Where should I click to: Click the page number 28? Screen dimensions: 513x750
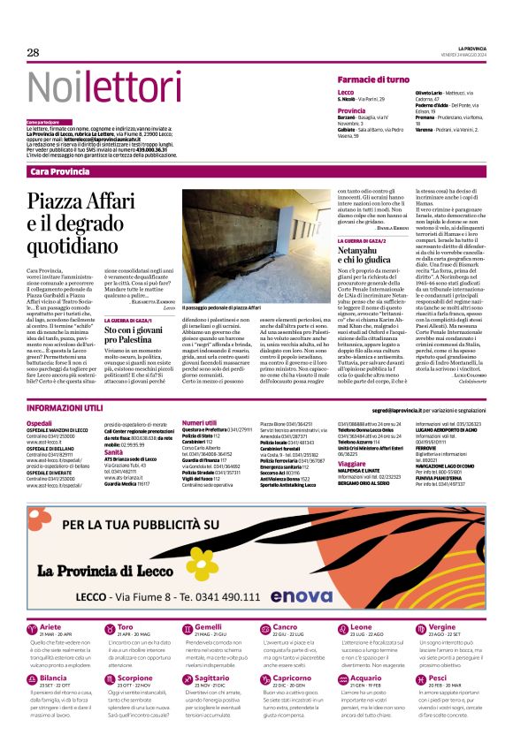(33, 52)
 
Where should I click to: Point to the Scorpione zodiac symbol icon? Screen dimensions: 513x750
(111, 680)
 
